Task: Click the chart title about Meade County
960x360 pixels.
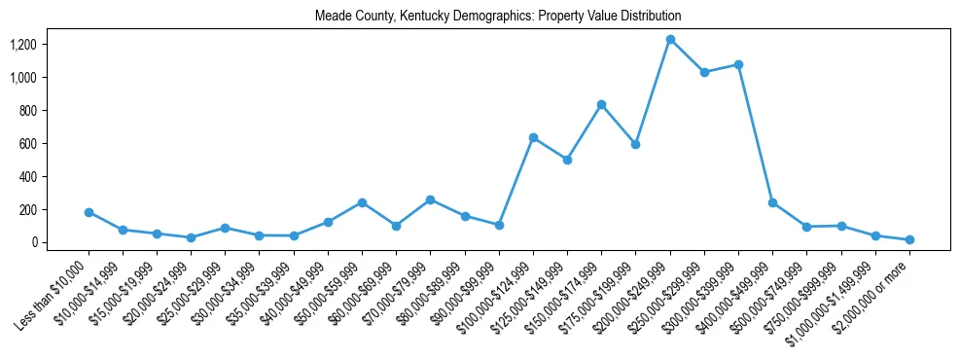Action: pyautogui.click(x=498, y=17)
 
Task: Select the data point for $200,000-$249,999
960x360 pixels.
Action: pyautogui.click(x=670, y=40)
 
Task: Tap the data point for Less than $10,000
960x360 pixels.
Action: pyautogui.click(x=89, y=212)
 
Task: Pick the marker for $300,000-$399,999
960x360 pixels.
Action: pyautogui.click(x=738, y=64)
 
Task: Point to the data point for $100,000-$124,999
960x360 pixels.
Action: pyautogui.click(x=533, y=137)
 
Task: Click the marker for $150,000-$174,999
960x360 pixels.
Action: pyautogui.click(x=601, y=104)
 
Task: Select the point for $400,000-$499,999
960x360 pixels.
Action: pyautogui.click(x=772, y=202)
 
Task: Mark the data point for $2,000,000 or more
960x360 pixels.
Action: pyautogui.click(x=909, y=239)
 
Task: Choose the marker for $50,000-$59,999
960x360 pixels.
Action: pyautogui.click(x=362, y=202)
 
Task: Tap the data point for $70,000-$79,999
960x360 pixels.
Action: pyautogui.click(x=430, y=199)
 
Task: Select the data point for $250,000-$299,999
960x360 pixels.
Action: pyautogui.click(x=704, y=72)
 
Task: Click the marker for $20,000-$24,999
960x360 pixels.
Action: pyautogui.click(x=191, y=237)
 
